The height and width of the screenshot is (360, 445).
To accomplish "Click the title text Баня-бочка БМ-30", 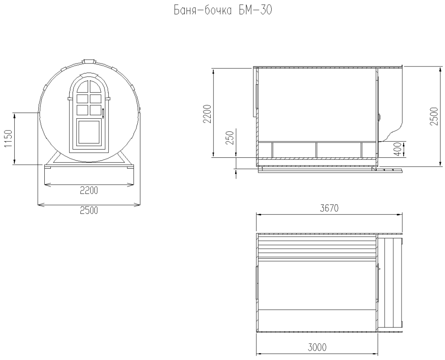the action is click(x=223, y=10).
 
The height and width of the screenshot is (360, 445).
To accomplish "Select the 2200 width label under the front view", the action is click(x=89, y=190).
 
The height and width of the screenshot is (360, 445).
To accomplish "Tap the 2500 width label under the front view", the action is click(x=89, y=210).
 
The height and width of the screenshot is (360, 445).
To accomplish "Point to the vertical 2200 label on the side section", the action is click(x=207, y=114).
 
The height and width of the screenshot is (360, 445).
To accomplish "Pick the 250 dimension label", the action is click(x=230, y=138).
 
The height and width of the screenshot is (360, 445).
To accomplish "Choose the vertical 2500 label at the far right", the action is click(x=434, y=117).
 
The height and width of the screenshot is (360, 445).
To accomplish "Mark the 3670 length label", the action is click(x=329, y=208).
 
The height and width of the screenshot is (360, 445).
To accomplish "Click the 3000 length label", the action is click(x=317, y=347).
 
